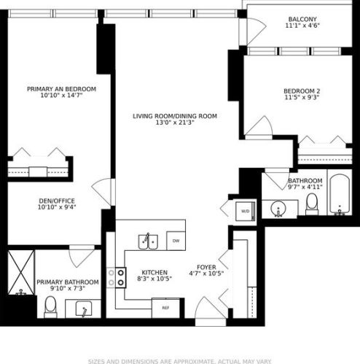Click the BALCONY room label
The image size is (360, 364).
pos(302,19)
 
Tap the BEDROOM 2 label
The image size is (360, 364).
pos(302,91)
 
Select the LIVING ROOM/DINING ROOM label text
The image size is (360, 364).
pos(174,116)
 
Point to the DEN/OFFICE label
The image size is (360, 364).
pos(56,201)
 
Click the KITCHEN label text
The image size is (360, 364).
pos(154,272)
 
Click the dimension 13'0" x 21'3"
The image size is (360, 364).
pos(174,124)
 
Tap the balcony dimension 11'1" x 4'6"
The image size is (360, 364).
pos(302,27)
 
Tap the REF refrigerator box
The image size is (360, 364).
pos(165,308)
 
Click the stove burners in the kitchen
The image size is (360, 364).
pos(116,278)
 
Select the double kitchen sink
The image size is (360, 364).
pos(150,239)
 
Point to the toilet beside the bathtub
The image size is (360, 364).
pos(312,205)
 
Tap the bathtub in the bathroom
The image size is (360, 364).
pos(340,195)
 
